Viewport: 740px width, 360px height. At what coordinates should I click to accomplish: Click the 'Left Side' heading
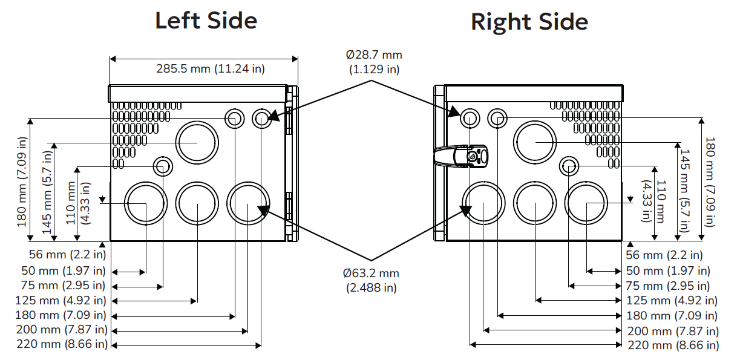tap(206, 20)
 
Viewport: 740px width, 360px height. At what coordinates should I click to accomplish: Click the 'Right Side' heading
tap(529, 22)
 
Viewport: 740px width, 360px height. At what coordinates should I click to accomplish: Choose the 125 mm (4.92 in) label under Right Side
tap(672, 300)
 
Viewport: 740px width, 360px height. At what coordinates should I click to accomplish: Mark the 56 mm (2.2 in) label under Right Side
tap(664, 255)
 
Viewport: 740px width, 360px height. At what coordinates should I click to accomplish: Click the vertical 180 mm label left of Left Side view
tap(23, 182)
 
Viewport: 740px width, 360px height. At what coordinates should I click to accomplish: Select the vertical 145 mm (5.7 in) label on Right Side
tap(684, 190)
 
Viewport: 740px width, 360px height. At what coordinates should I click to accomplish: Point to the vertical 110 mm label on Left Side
tap(77, 203)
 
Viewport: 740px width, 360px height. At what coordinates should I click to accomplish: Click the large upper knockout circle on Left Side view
tap(197, 142)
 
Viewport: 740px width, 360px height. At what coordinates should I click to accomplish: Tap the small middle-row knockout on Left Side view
tap(162, 166)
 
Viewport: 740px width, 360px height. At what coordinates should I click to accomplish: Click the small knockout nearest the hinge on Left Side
tap(261, 119)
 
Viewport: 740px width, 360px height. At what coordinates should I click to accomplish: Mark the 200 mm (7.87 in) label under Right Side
tap(673, 330)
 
